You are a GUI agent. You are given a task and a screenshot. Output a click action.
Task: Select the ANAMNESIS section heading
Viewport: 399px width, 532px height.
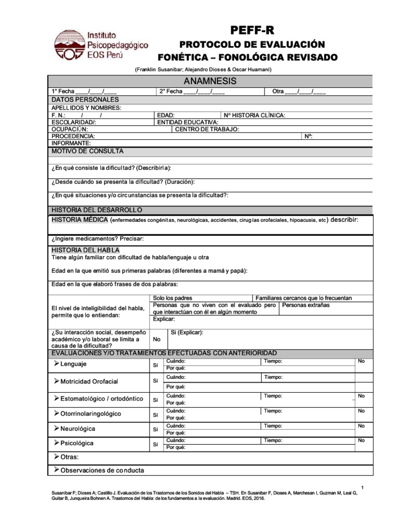pyautogui.click(x=210, y=81)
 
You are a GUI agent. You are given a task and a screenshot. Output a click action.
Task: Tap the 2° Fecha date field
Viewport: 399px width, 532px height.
pyautogui.click(x=192, y=91)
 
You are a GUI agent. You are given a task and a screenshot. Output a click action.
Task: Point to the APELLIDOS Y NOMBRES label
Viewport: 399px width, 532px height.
pyautogui.click(x=86, y=108)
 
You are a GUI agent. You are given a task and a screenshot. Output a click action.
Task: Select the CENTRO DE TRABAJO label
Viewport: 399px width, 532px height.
pyautogui.click(x=207, y=129)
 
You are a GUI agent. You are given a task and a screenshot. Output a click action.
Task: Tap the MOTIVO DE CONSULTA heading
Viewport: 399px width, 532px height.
pyautogui.click(x=87, y=151)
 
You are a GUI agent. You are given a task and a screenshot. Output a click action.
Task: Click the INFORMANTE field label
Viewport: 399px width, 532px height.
pyautogui.click(x=71, y=143)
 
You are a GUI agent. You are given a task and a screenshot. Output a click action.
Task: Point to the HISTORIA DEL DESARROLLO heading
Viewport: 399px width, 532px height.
pyautogui.click(x=97, y=210)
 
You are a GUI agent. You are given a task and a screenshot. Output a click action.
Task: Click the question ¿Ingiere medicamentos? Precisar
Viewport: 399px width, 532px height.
pyautogui.click(x=97, y=238)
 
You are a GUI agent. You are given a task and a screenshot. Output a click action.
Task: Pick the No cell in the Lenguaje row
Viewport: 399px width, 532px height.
pyautogui.click(x=362, y=361)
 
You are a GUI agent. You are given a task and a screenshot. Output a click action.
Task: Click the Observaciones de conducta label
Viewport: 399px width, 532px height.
pyautogui.click(x=102, y=471)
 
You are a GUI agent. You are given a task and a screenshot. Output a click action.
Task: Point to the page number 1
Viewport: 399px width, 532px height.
pyautogui.click(x=362, y=487)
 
